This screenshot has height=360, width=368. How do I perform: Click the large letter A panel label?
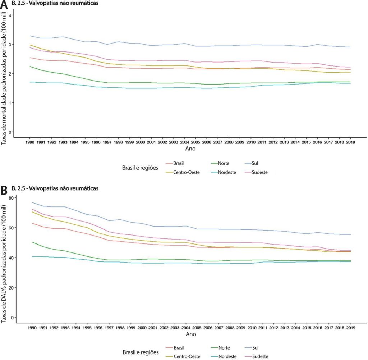pos(4,4)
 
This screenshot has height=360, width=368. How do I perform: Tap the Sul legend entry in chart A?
pos(251,163)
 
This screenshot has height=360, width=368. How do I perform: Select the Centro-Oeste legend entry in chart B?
pos(183,356)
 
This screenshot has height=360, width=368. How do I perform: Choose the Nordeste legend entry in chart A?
pos(224,172)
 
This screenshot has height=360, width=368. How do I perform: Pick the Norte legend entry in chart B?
pos(221,348)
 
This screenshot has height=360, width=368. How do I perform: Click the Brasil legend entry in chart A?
pos(175,163)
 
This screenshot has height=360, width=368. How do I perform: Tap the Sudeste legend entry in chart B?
pos(257,356)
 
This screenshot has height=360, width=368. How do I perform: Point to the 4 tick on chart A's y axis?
pos(10,15)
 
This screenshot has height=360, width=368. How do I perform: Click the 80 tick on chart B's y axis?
pos(11,198)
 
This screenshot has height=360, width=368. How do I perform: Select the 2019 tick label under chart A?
pos(350,142)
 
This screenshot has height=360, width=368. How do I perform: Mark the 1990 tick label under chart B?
pos(32,328)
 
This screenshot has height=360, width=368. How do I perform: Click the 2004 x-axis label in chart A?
pos(184,142)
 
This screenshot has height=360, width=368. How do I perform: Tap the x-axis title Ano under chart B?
pos(191,334)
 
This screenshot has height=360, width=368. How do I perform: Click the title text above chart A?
pos(55,3)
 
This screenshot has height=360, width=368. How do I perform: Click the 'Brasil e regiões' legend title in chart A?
pos(140,168)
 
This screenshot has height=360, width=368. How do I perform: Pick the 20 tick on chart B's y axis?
pos(11,288)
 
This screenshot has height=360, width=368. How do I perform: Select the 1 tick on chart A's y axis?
pos(10,103)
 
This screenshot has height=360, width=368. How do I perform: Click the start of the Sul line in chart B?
pos(32,202)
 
